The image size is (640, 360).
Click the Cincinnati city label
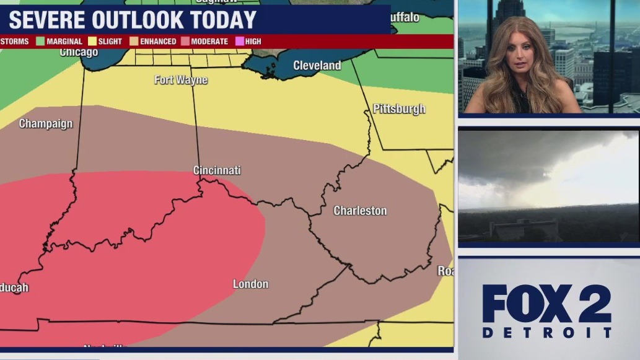point(217,170)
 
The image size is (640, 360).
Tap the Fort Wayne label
point(181,80)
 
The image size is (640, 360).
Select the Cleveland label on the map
point(317,66)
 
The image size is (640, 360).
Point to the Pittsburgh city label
point(399,109)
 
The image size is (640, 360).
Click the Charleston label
point(360,211)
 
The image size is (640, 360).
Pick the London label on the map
point(250,284)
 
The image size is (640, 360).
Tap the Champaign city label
point(46,124)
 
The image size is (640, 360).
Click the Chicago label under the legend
point(79,53)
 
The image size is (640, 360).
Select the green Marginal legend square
point(40,42)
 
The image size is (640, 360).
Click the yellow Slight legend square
point(92,42)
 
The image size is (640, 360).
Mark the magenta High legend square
point(239,42)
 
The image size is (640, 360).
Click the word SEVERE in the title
point(47,20)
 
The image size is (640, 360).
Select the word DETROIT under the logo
point(546,333)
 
